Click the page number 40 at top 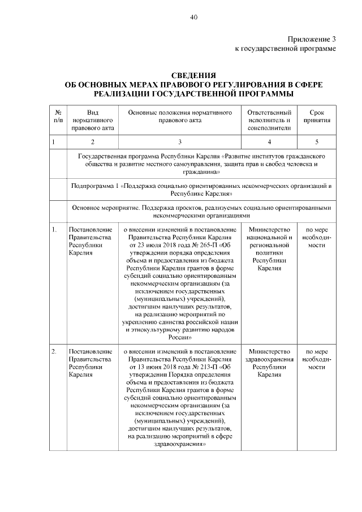[193, 18]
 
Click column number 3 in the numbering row [180, 141]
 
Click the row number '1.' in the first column [54, 230]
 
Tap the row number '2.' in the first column [54, 352]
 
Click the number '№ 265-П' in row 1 [207, 246]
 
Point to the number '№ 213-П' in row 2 [207, 367]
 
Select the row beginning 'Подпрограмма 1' [201, 189]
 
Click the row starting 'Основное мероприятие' [201, 212]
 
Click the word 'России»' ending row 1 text [180, 337]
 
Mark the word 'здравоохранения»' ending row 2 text [180, 444]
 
